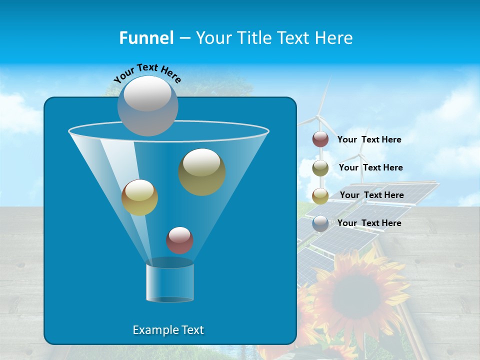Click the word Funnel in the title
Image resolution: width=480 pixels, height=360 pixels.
point(146,38)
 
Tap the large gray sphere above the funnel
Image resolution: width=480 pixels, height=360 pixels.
point(148,105)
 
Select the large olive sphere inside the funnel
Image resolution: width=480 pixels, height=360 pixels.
point(202,171)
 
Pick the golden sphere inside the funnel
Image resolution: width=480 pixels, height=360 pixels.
point(139,197)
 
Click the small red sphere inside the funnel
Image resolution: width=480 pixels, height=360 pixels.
point(179,240)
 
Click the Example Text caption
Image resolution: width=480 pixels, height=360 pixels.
point(168,330)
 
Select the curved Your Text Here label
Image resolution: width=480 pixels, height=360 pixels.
point(147,73)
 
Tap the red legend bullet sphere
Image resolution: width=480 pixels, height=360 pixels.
point(320,139)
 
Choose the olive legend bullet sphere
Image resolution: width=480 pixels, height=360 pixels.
point(320,168)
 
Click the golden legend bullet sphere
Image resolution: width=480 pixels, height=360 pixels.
point(320,196)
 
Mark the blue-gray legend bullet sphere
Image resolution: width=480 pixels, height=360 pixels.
point(320,223)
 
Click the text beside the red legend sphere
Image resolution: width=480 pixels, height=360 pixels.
point(369,139)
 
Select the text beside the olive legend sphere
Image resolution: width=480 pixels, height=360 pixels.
point(370,167)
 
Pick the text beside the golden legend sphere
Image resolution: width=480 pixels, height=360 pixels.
point(371,195)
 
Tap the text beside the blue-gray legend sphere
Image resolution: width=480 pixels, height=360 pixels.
point(369,223)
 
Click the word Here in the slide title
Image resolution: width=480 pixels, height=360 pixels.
point(334,38)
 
